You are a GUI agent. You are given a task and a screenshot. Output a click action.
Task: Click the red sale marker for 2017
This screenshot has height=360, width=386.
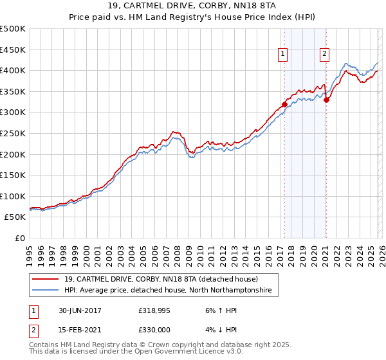(x=284, y=104)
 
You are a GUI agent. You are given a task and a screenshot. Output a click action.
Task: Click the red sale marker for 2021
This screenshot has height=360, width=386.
(x=326, y=100)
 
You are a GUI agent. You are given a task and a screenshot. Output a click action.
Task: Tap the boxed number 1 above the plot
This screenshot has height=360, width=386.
(x=283, y=54)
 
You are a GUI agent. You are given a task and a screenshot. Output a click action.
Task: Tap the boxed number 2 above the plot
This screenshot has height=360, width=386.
(x=324, y=54)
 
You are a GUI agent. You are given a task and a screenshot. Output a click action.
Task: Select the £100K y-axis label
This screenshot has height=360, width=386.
(x=13, y=196)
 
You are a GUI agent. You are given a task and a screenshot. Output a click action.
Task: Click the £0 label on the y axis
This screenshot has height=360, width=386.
(x=20, y=238)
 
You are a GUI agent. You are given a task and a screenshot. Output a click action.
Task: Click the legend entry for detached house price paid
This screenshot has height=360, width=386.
(x=161, y=280)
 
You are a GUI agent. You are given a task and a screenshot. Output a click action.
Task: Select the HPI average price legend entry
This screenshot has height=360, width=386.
(x=168, y=291)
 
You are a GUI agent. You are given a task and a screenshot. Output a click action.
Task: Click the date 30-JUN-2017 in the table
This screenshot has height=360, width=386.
(x=78, y=310)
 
